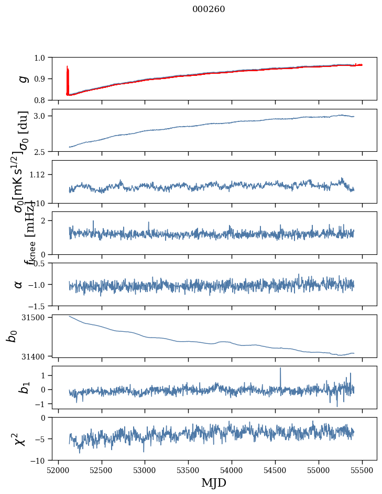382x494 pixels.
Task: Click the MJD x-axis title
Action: point(214,482)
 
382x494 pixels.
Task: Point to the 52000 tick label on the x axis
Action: point(58,470)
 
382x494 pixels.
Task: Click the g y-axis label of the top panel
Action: point(22,78)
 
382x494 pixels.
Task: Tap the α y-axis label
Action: point(18,284)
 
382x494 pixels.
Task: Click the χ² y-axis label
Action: point(20,439)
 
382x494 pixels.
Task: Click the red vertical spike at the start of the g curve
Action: point(68,78)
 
